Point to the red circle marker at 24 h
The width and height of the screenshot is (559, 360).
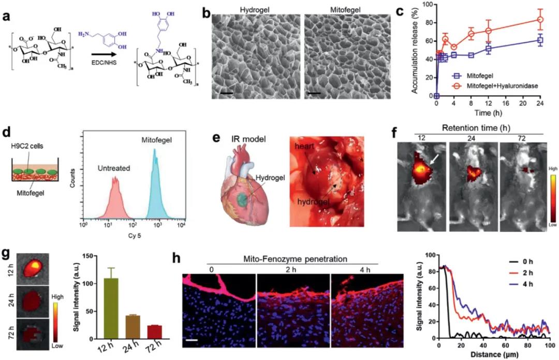point(540,20)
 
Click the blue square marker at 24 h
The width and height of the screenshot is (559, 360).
point(540,40)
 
